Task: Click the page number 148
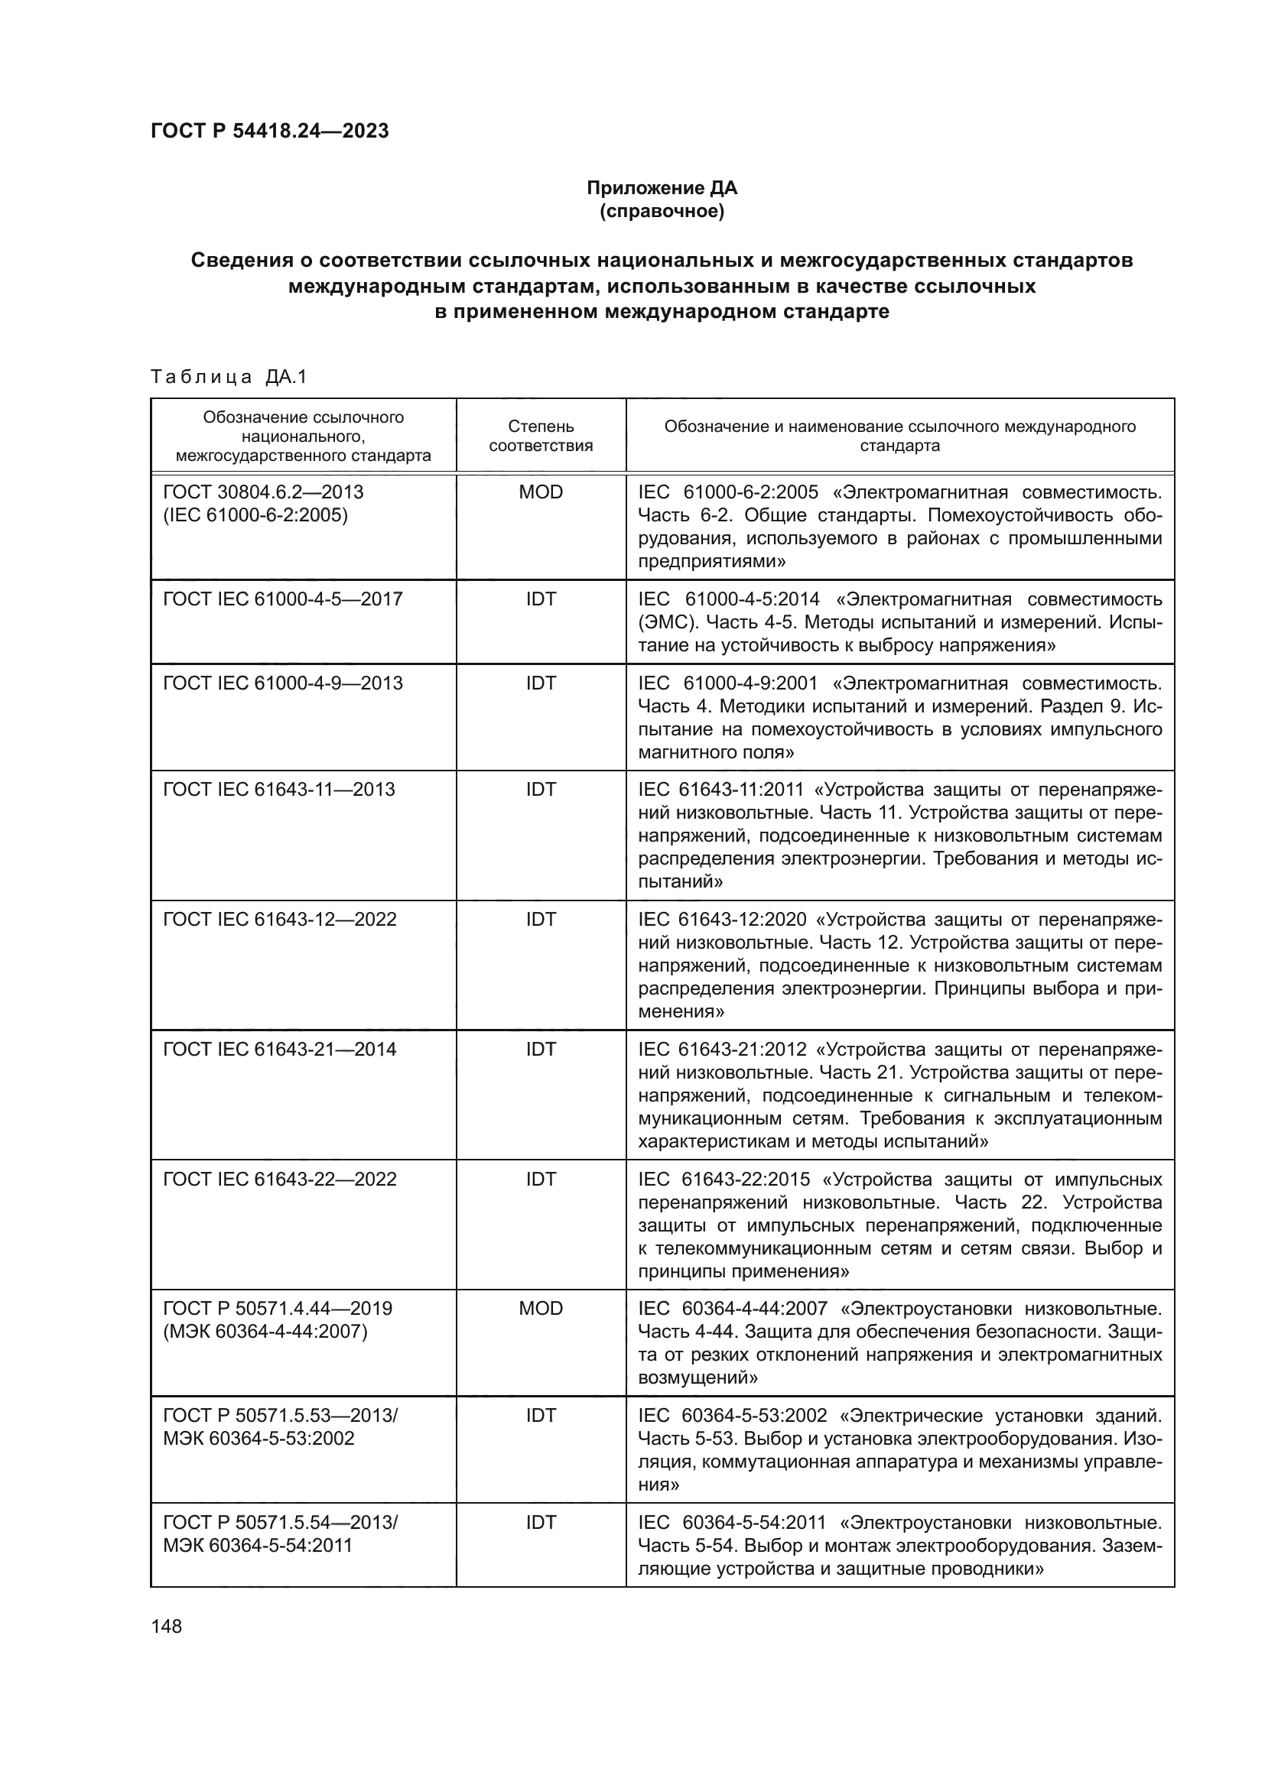[x=166, y=1626]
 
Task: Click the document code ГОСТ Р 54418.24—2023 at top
[x=269, y=131]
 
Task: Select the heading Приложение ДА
[x=662, y=188]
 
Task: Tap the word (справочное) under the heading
[x=662, y=211]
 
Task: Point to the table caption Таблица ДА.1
[x=229, y=377]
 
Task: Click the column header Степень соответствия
[x=541, y=436]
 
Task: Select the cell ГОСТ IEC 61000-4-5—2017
[x=283, y=599]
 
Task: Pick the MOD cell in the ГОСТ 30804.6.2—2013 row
[x=541, y=492]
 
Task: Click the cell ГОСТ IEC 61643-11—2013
[x=279, y=790]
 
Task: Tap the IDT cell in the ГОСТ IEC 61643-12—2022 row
[x=541, y=920]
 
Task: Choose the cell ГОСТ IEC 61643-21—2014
[x=280, y=1050]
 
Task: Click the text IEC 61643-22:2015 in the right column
[x=724, y=1180]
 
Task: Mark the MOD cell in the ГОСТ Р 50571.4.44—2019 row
[x=541, y=1309]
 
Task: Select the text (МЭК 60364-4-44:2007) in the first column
[x=265, y=1332]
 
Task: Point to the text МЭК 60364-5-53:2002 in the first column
[x=259, y=1439]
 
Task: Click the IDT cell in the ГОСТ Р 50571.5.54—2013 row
[x=541, y=1523]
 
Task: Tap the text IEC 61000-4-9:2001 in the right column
[x=727, y=683]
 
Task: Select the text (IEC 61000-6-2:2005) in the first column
[x=255, y=514]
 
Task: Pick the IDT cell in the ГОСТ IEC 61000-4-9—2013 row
[x=541, y=683]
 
